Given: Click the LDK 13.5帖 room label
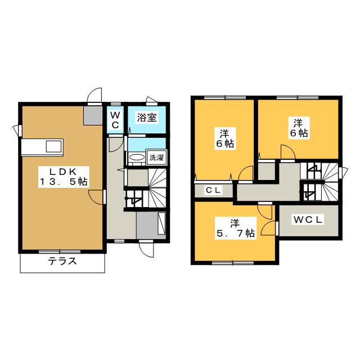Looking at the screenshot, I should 63,176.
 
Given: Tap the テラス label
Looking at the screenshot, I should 62,262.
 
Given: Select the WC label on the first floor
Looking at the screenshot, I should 115,120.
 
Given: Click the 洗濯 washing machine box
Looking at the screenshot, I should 156,158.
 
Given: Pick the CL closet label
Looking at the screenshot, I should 213,191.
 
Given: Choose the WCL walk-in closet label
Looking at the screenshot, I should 307,220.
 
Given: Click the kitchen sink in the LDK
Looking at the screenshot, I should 54,147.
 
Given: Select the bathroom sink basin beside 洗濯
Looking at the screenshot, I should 136,157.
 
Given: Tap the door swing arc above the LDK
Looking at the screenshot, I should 95,96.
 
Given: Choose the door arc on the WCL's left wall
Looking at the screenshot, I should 272,228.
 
